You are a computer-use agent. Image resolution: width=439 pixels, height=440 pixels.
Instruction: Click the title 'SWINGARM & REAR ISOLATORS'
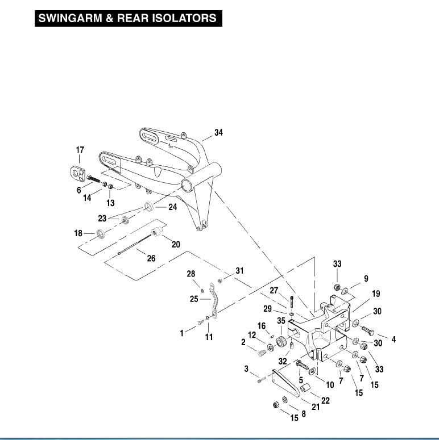coord(127,18)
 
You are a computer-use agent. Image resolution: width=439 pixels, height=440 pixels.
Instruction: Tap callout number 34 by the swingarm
coord(219,132)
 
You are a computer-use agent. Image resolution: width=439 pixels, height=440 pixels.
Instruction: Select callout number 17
coord(80,150)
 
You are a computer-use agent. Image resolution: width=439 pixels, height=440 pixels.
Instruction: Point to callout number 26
coord(151,258)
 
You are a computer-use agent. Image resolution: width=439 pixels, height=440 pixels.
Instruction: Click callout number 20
coord(176,244)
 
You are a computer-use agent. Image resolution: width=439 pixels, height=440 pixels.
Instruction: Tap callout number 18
coord(78,232)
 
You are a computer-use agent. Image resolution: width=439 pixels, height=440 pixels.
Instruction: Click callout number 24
coord(172,207)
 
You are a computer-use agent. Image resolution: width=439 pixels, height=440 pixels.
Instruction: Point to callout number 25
coord(194,298)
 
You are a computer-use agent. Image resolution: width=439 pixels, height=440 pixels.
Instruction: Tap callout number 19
coord(359,294)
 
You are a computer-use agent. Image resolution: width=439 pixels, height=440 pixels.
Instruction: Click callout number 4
coord(393,340)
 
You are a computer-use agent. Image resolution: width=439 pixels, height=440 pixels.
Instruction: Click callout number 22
coord(325,401)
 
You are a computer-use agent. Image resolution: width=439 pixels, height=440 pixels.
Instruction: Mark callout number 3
coord(247,369)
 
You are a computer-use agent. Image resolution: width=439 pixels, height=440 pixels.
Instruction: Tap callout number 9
coord(366,279)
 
